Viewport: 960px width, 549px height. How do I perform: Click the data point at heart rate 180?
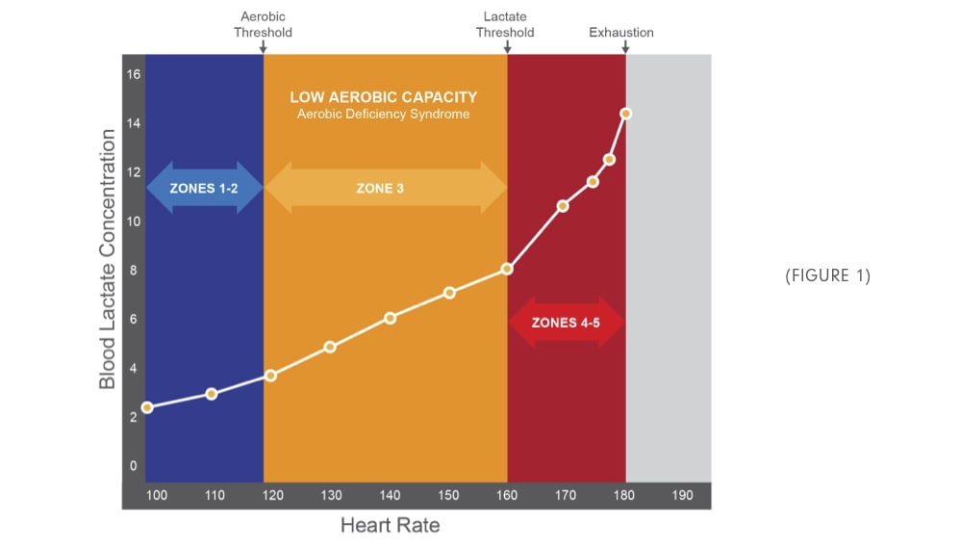click(625, 114)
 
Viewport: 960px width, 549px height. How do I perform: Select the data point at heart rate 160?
click(507, 269)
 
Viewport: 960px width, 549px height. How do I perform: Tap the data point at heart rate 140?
click(390, 318)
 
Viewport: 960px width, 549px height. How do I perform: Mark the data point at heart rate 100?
click(147, 407)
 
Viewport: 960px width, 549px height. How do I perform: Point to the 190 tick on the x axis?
click(682, 495)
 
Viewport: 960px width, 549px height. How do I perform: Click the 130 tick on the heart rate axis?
click(331, 495)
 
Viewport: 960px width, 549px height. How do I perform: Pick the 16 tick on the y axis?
click(134, 74)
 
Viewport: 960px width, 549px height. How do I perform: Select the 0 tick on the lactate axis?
click(134, 466)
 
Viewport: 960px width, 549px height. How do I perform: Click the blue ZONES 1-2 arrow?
click(204, 188)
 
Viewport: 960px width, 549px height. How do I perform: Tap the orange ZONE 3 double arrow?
click(385, 188)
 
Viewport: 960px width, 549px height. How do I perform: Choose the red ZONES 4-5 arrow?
click(567, 323)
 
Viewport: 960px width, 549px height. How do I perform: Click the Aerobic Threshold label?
click(263, 25)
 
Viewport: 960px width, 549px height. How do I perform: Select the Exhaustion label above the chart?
click(621, 33)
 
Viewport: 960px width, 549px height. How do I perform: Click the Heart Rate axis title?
click(390, 526)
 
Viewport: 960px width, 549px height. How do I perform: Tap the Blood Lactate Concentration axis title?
click(108, 260)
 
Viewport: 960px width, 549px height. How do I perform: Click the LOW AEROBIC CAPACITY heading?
click(383, 97)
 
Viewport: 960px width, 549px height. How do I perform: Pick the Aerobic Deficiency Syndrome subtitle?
click(383, 115)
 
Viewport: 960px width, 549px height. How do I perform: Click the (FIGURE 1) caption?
click(827, 275)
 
